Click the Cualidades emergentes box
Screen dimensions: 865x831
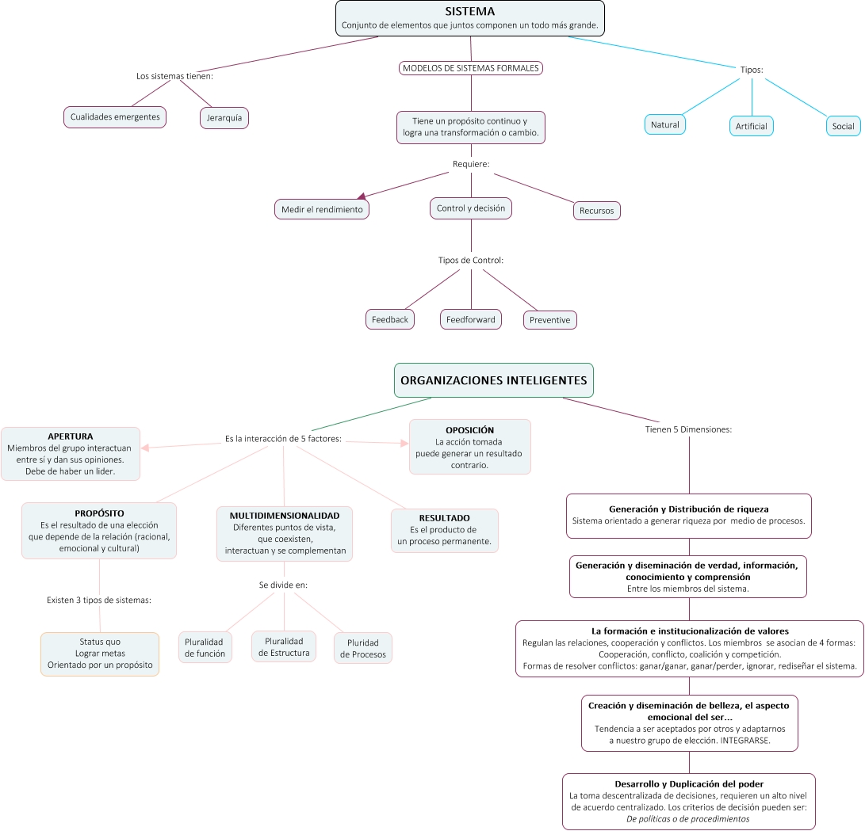pyautogui.click(x=115, y=116)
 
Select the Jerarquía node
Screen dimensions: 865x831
pyautogui.click(x=224, y=118)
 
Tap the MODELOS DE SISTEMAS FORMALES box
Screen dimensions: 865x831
pyautogui.click(x=471, y=68)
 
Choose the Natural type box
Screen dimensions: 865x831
pyautogui.click(x=664, y=124)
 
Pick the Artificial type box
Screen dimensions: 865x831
pyautogui.click(x=751, y=126)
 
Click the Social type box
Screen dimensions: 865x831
pyautogui.click(x=843, y=126)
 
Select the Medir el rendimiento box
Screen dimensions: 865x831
pyautogui.click(x=322, y=209)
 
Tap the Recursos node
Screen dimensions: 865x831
pyautogui.click(x=596, y=211)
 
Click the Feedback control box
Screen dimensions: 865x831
pyautogui.click(x=389, y=319)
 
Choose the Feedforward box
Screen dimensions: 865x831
pyautogui.click(x=471, y=319)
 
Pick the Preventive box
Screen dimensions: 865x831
pyautogui.click(x=549, y=320)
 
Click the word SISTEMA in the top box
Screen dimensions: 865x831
pyautogui.click(x=470, y=11)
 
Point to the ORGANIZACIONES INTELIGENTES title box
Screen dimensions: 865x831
pyautogui.click(x=494, y=380)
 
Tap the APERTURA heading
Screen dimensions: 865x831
pyautogui.click(x=70, y=436)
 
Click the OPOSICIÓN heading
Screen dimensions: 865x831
pyautogui.click(x=470, y=430)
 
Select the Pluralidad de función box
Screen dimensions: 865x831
pyautogui.click(x=205, y=647)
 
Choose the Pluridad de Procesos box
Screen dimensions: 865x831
pyautogui.click(x=363, y=648)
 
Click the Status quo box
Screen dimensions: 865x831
pyautogui.click(x=100, y=654)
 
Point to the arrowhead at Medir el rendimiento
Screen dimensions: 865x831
pyautogui.click(x=362, y=196)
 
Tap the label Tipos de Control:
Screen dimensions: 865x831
pyautogui.click(x=471, y=260)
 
